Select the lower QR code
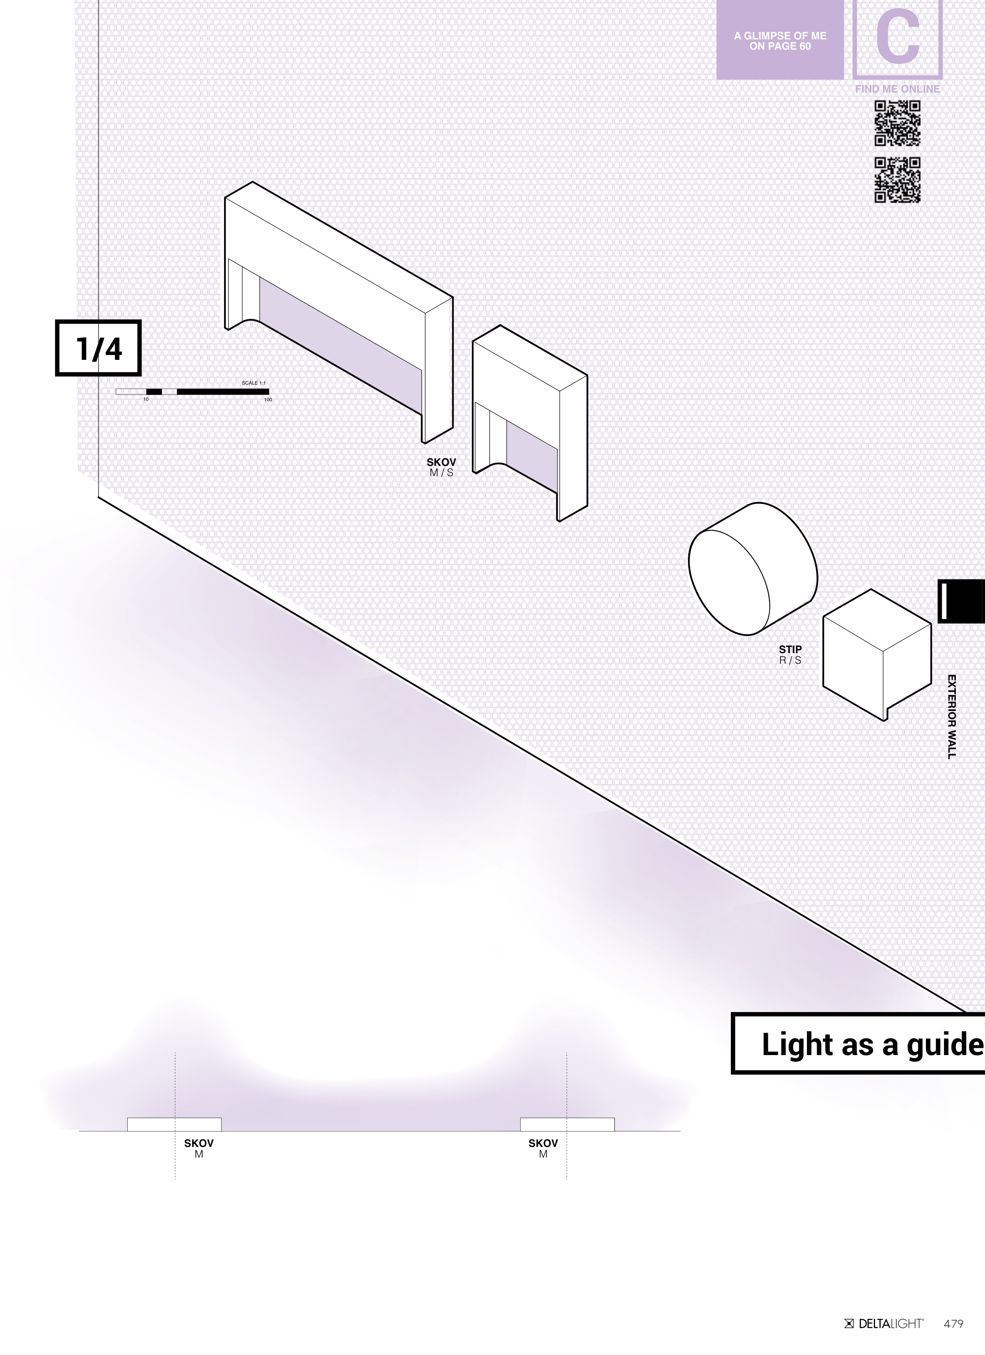(x=897, y=180)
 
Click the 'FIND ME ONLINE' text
(x=897, y=89)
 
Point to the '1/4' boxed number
(x=98, y=348)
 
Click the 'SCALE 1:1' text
(x=253, y=383)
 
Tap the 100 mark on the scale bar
(x=268, y=400)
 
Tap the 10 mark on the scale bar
(x=146, y=399)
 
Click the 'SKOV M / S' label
(x=441, y=467)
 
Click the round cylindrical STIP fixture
(x=752, y=568)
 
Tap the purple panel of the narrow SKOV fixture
(x=532, y=454)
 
